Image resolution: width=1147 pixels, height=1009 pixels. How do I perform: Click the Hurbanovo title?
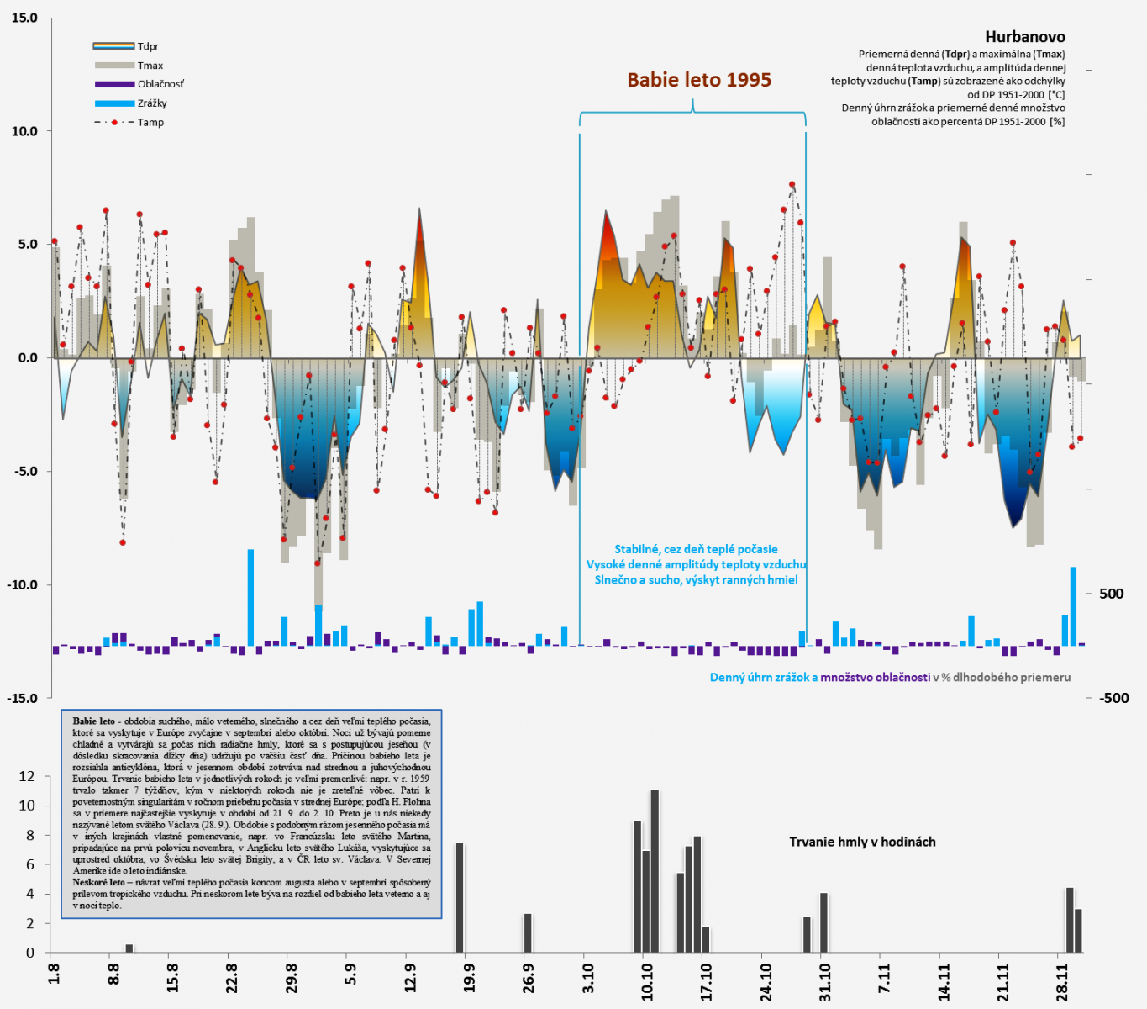(1024, 37)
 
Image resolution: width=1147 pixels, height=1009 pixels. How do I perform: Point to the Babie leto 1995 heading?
(699, 80)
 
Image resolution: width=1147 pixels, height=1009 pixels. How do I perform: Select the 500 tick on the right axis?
(1111, 594)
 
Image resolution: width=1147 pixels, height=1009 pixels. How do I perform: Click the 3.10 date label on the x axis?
(588, 980)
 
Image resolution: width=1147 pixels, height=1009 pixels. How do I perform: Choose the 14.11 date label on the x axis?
(944, 980)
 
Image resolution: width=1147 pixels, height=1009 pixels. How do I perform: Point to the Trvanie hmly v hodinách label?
(862, 842)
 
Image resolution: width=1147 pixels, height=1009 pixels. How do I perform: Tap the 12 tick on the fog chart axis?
(27, 777)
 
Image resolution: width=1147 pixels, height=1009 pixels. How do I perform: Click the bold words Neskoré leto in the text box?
(98, 883)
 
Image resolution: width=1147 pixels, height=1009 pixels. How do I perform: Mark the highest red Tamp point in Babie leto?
(792, 184)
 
